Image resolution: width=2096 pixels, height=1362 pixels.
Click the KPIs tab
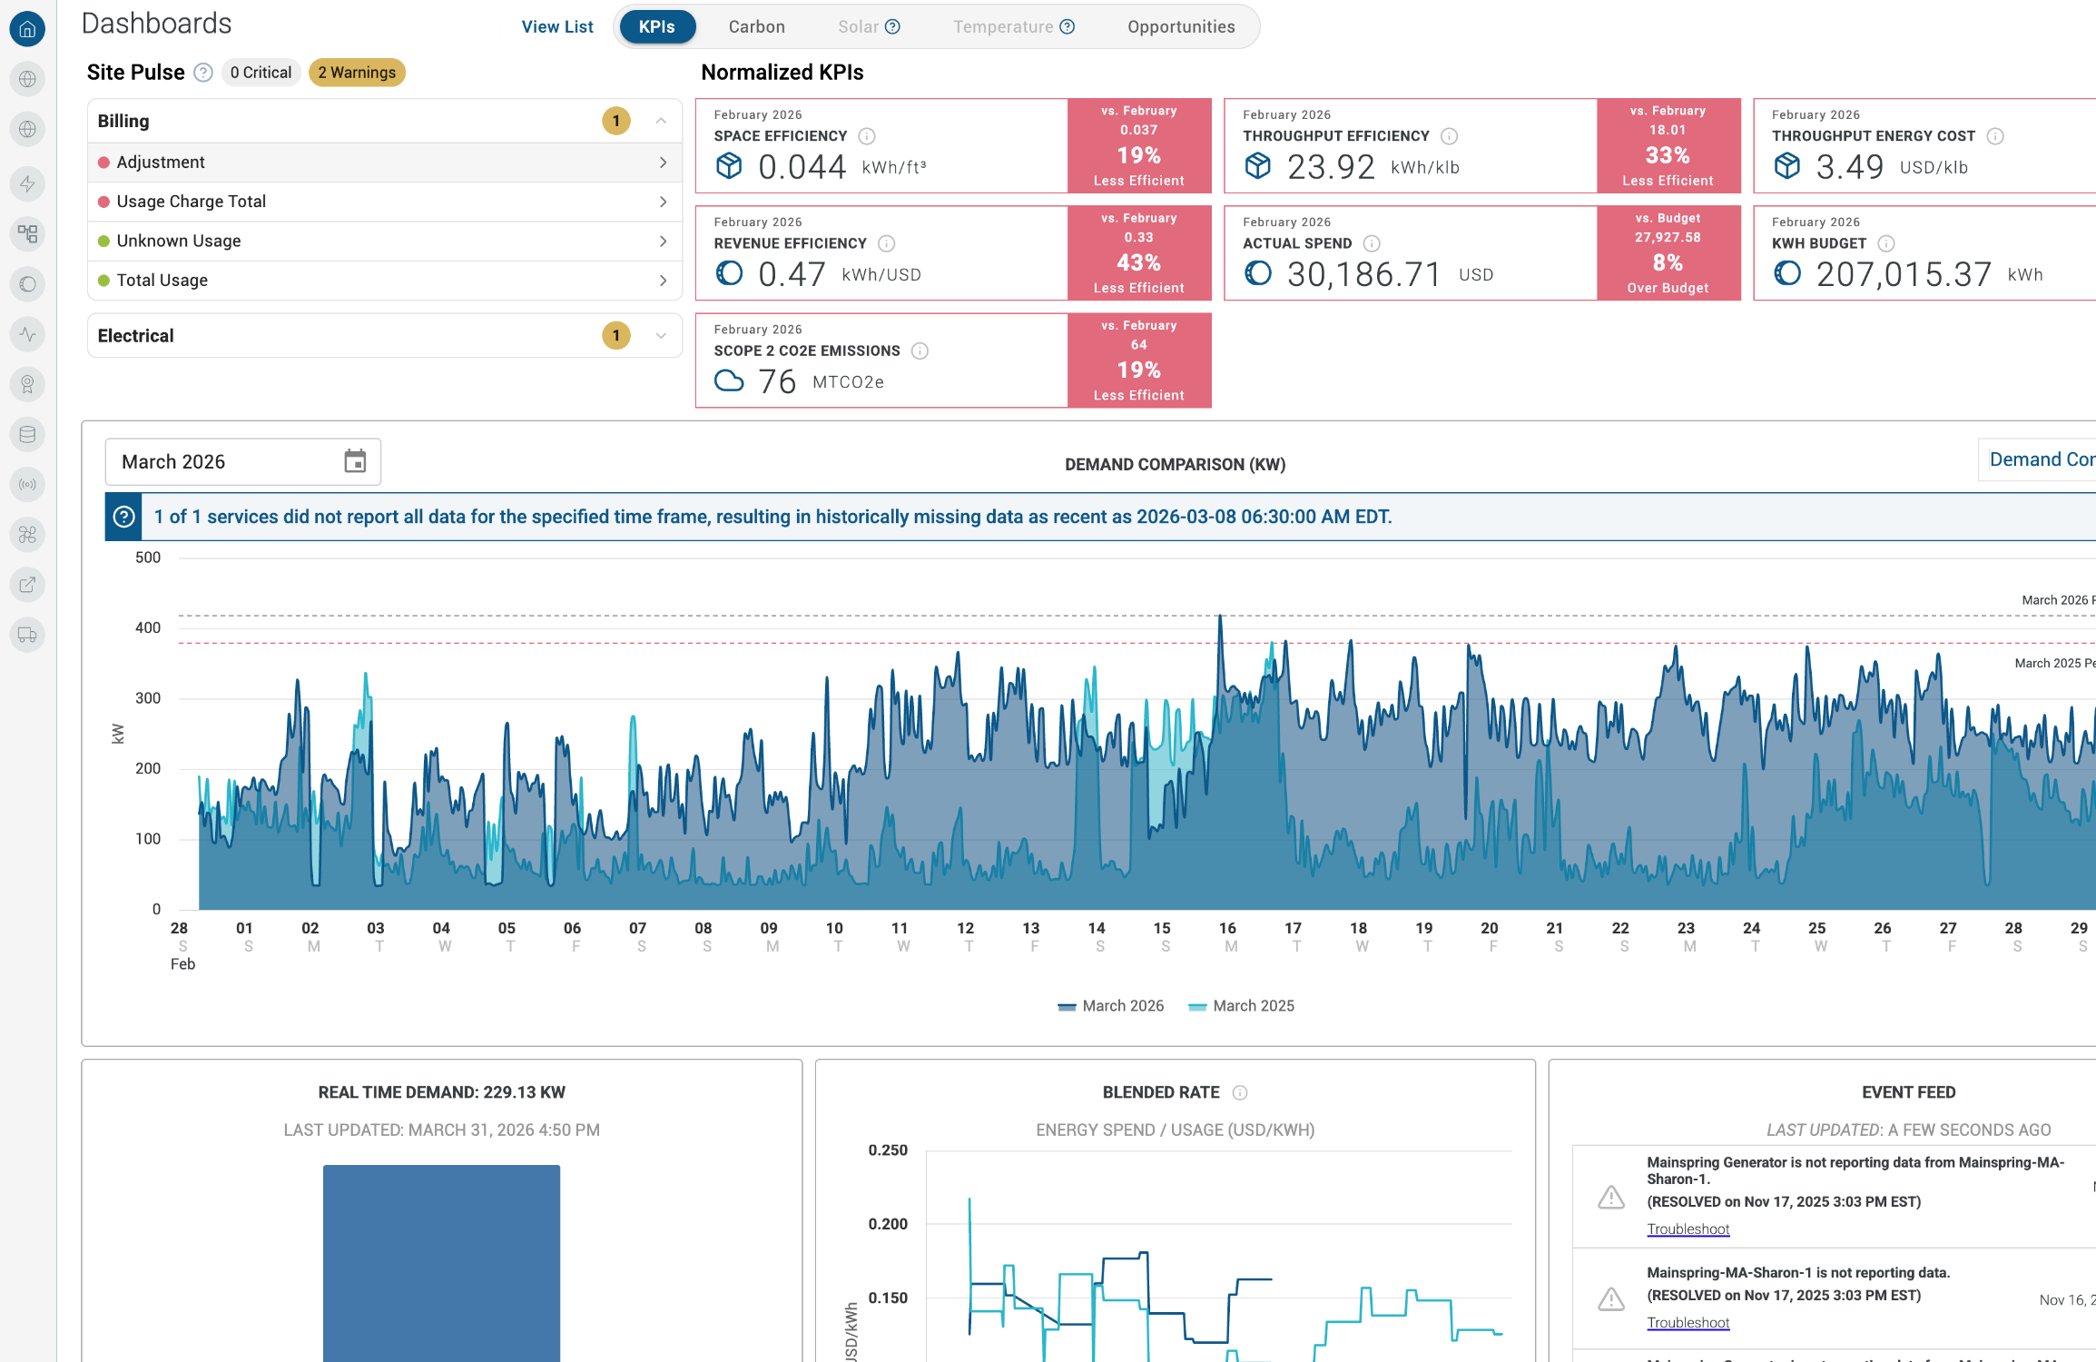click(657, 26)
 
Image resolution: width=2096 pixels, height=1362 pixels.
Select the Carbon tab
click(756, 26)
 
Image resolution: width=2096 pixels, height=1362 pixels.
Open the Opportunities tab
click(1181, 26)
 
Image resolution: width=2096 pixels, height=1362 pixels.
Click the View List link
click(557, 26)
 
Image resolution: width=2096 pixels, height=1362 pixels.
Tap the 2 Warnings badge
click(357, 73)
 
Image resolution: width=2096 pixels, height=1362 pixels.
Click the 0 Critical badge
click(261, 73)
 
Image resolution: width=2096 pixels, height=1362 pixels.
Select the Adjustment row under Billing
click(384, 163)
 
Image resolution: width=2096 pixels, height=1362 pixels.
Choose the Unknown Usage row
click(384, 241)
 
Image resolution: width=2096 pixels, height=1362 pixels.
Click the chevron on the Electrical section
click(661, 336)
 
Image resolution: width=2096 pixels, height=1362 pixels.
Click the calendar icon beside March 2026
click(355, 461)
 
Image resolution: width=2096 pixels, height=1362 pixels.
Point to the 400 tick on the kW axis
click(148, 627)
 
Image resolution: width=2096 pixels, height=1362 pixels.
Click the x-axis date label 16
click(1227, 928)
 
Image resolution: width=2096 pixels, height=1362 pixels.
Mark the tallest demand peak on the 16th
click(1220, 616)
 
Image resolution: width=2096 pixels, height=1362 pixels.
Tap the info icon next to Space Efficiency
click(867, 136)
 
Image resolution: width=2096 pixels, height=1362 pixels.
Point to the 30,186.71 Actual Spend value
click(1363, 274)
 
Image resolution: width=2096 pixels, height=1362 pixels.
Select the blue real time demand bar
click(441, 1263)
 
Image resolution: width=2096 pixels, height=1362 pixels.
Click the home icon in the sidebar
click(28, 29)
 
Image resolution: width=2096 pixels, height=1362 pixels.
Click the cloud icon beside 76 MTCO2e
click(729, 381)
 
